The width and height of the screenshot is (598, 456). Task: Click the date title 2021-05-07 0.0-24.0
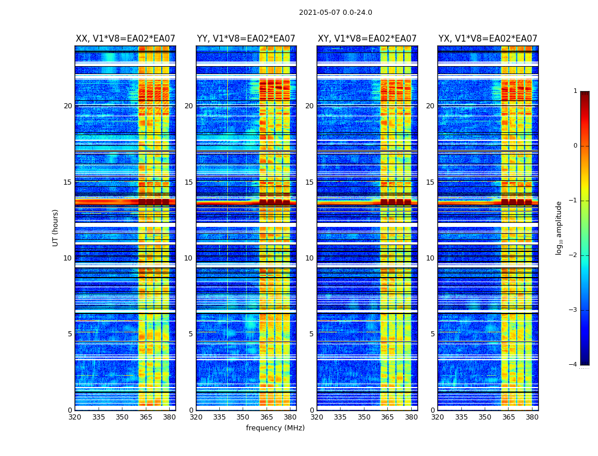coord(335,13)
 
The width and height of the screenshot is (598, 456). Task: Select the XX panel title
coord(125,39)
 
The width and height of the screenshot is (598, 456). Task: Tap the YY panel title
coord(246,39)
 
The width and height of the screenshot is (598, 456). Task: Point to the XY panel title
coord(367,39)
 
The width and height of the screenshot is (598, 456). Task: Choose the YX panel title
coord(488,39)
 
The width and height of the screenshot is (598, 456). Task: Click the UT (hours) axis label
coord(56,227)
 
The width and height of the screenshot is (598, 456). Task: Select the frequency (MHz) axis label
coord(275,428)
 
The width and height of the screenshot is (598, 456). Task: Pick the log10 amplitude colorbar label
coord(559,227)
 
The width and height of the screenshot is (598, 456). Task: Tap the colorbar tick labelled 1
coord(575,91)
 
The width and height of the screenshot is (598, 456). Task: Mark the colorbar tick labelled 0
coord(575,146)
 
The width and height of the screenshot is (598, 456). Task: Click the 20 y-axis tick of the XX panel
coord(68,106)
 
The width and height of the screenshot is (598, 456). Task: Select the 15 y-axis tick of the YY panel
coord(189,182)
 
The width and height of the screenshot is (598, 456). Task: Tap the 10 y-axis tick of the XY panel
coord(309,258)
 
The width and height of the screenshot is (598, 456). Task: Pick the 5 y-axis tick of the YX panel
coord(432,334)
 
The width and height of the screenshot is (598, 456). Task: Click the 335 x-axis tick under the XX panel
coord(99,417)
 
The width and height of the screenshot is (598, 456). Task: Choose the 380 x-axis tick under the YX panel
coord(532,417)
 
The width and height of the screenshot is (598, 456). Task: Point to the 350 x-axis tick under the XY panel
coord(364,417)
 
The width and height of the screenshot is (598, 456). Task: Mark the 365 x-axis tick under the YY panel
coord(267,417)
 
